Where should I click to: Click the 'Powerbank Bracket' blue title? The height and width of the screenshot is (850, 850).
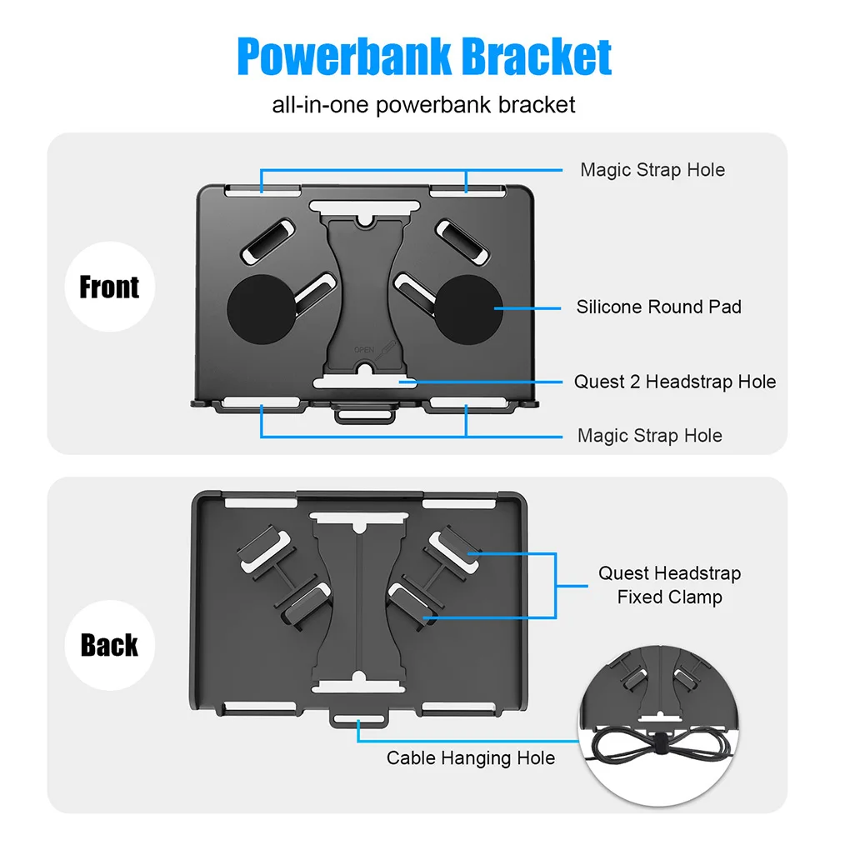click(x=424, y=57)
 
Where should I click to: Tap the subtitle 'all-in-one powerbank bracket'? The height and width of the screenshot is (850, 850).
click(x=424, y=105)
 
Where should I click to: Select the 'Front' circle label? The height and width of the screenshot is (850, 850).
click(x=109, y=287)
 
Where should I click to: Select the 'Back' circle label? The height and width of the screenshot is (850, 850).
click(x=109, y=645)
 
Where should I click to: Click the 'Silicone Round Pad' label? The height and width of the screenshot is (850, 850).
click(x=658, y=307)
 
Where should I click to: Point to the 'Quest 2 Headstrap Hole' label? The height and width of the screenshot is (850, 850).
click(x=674, y=382)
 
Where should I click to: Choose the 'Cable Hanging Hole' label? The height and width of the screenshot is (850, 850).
click(x=470, y=757)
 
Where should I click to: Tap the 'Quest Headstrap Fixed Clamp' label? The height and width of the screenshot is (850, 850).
click(x=669, y=585)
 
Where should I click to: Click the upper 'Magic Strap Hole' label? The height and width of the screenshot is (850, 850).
click(x=652, y=170)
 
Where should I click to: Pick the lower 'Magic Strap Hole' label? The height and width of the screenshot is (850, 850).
click(x=650, y=436)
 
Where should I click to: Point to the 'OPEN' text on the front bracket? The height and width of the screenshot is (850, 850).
click(x=363, y=350)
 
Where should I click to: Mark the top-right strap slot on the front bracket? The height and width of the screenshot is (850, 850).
click(x=463, y=191)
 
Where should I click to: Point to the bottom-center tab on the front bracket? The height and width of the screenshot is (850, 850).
click(x=364, y=412)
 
